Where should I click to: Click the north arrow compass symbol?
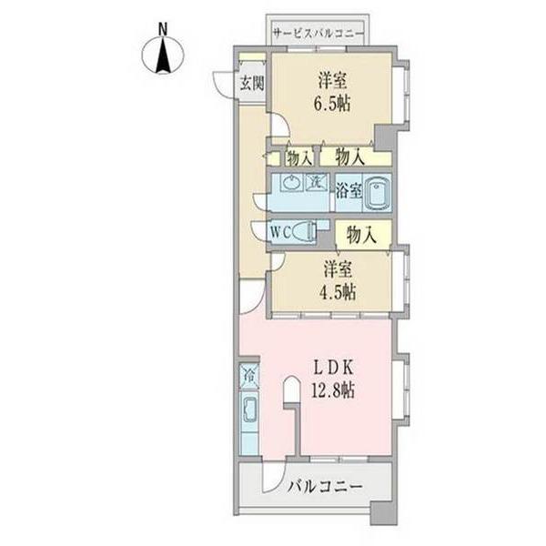point(164,56)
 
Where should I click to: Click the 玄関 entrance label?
point(252,84)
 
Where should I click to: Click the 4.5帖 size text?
point(337,292)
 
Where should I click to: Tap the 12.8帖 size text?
point(334,391)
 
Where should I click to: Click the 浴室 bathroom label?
point(349,190)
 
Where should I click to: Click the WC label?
point(280,232)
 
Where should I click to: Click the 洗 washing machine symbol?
point(312,182)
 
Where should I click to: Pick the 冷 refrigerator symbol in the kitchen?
point(248,374)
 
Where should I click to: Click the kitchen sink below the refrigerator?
point(248,411)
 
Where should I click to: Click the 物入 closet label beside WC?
point(361,234)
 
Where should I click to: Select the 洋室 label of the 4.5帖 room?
point(337,270)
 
